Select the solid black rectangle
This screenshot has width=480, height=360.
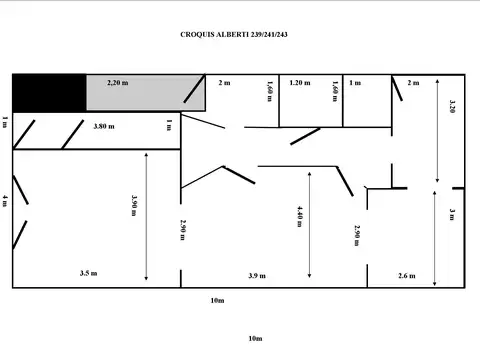click(48, 92)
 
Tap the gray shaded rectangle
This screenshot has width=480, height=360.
click(145, 93)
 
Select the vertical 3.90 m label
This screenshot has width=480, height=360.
click(135, 205)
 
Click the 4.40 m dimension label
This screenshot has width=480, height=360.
click(299, 216)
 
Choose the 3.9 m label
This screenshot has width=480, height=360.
click(257, 275)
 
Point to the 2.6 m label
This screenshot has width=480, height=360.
click(407, 275)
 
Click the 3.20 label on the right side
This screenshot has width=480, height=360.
click(453, 107)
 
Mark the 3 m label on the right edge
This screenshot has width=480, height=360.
click(452, 214)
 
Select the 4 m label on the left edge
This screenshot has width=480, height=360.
click(5, 201)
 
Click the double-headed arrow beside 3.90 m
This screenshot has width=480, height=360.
click(147, 216)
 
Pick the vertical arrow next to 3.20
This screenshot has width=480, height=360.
click(438, 130)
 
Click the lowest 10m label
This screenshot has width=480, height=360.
click(254, 339)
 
